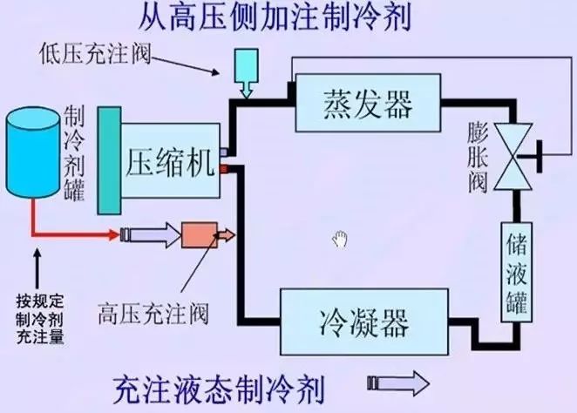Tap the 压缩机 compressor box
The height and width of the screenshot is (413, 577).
point(170,161)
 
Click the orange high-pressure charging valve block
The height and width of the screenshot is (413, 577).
point(199,234)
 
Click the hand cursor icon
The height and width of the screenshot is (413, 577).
point(340,238)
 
